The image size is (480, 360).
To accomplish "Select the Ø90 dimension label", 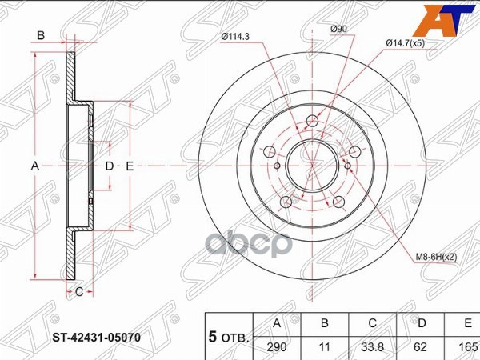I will point(339,30).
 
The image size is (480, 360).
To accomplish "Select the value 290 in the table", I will point(277,348).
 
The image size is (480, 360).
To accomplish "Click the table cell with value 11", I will point(324,348).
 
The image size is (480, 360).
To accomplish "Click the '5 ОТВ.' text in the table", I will point(229,336).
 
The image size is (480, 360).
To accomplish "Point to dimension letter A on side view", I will point(34,166).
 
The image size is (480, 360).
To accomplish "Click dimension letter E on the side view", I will point(129,166).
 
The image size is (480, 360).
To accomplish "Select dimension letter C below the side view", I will point(79,292).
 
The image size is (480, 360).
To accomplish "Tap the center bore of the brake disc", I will point(311,165).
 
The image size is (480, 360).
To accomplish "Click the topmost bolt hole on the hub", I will point(311,122).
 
